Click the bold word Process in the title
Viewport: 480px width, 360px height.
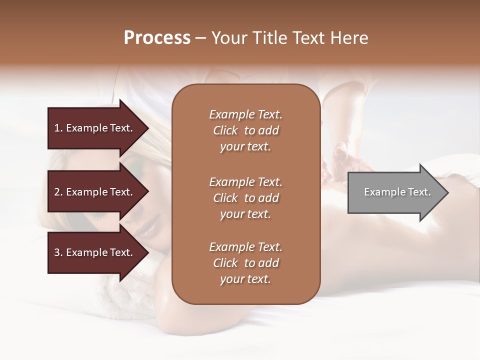[157, 38]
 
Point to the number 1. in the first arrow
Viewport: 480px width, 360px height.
[58, 128]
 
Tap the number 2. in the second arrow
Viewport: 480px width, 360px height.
[58, 192]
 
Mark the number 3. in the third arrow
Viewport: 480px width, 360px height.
[58, 253]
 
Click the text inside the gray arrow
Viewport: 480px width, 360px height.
[397, 192]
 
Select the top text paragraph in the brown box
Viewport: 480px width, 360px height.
[245, 130]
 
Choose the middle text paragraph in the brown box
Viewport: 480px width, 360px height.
[245, 198]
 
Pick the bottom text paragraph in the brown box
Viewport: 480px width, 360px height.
[245, 263]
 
